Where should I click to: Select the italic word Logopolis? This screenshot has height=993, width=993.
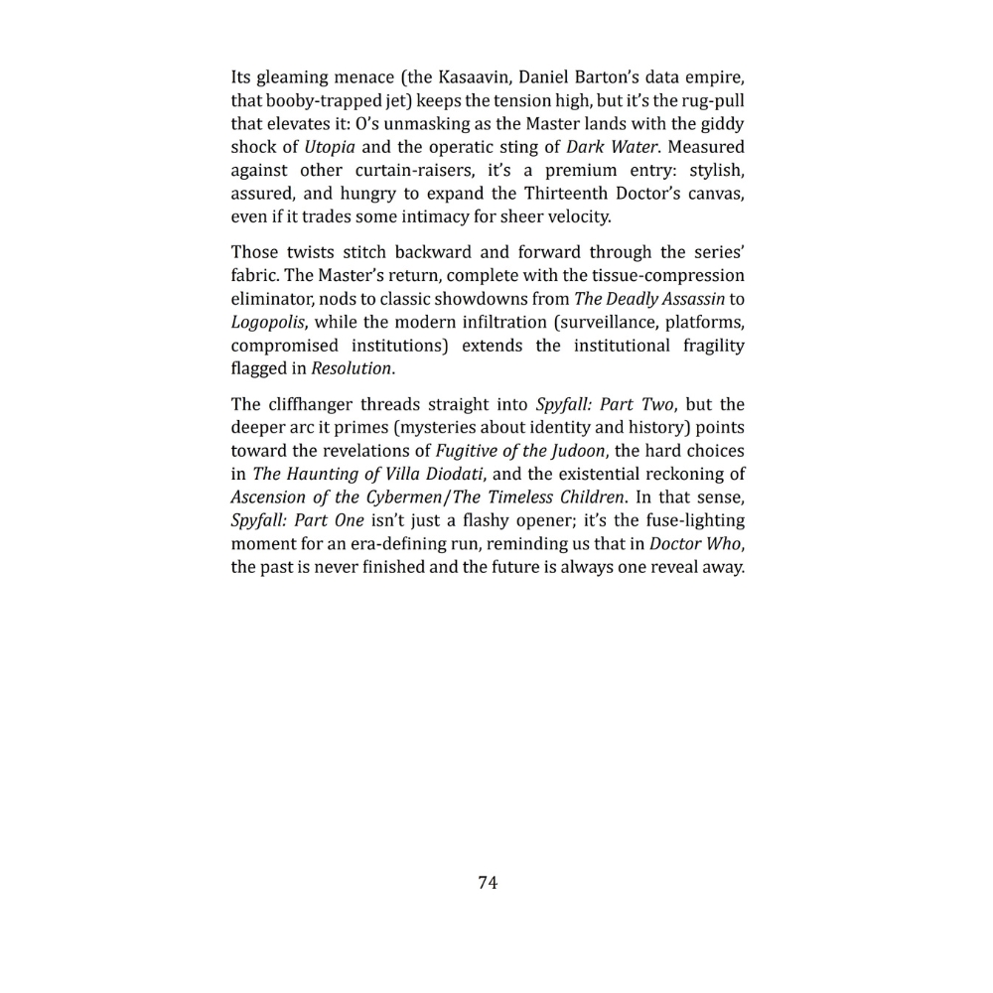pyautogui.click(x=266, y=322)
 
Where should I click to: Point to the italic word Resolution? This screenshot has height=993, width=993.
pyautogui.click(x=351, y=368)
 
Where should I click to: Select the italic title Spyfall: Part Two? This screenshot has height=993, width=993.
pyautogui.click(x=604, y=404)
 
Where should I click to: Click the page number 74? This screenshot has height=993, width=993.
pyautogui.click(x=488, y=883)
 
